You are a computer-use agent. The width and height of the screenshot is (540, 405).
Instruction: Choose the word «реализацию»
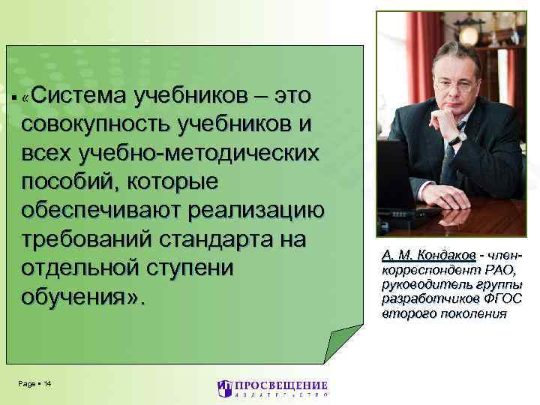pyautogui.click(x=259, y=211)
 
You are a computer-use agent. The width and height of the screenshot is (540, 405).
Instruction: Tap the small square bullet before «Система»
pyautogui.click(x=16, y=100)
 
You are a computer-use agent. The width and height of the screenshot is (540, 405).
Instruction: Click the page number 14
pyautogui.click(x=47, y=384)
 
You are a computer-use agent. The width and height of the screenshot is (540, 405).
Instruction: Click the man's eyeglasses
pyautogui.click(x=457, y=85)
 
